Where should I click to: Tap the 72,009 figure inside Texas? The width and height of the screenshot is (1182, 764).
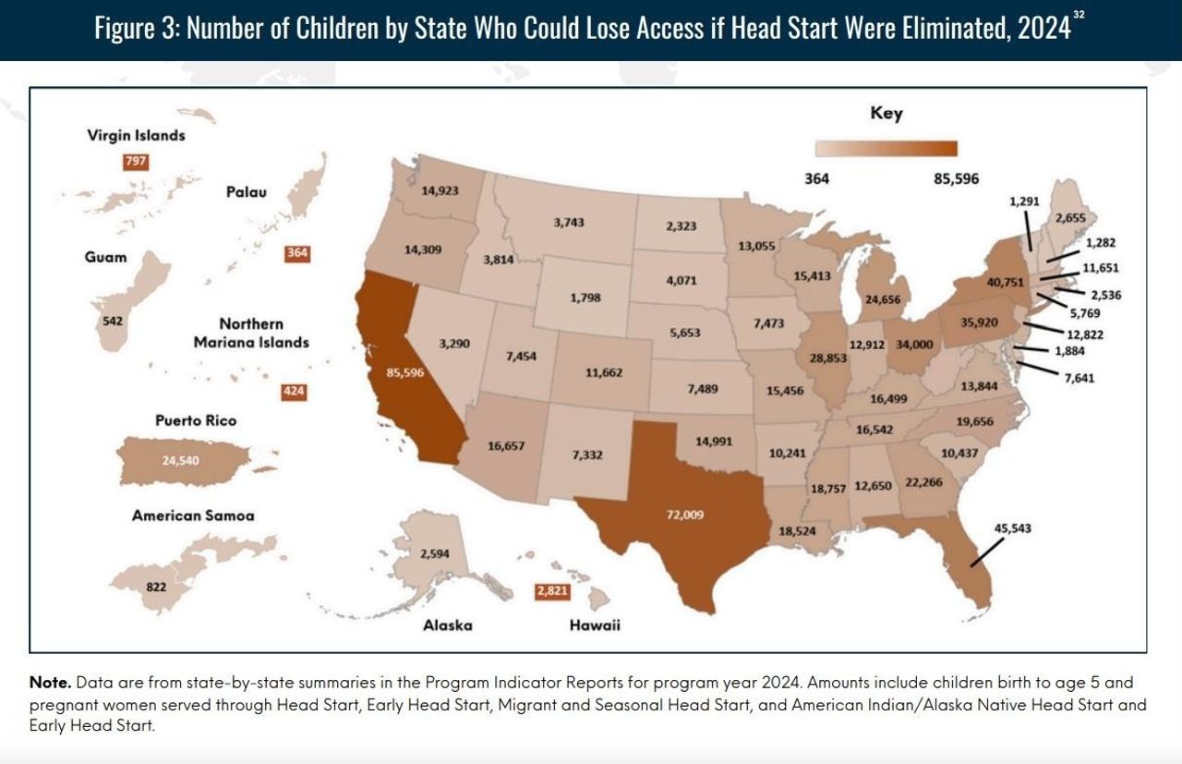(685, 515)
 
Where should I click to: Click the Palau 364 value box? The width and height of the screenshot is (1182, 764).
(297, 253)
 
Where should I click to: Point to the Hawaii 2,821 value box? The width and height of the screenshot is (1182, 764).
(552, 591)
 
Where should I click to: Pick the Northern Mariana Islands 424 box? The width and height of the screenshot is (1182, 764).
(294, 392)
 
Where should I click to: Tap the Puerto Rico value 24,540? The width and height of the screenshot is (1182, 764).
(180, 460)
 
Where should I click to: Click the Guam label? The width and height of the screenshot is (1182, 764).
(106, 257)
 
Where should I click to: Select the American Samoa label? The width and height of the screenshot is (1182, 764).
(193, 515)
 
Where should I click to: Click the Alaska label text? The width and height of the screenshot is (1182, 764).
(447, 625)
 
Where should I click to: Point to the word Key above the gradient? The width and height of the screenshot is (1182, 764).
(886, 114)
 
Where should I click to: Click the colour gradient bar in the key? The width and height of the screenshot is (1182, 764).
(886, 149)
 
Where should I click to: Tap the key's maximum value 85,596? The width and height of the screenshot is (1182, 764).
(956, 178)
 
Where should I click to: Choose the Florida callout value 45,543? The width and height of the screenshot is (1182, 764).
(1012, 528)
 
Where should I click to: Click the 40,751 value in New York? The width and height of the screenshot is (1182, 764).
(1006, 283)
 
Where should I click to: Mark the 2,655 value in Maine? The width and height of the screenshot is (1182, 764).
(1069, 218)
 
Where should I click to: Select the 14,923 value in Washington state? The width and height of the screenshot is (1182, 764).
(440, 191)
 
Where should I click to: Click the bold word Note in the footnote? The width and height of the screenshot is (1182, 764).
(50, 683)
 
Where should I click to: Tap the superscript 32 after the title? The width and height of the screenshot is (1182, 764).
(1079, 17)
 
